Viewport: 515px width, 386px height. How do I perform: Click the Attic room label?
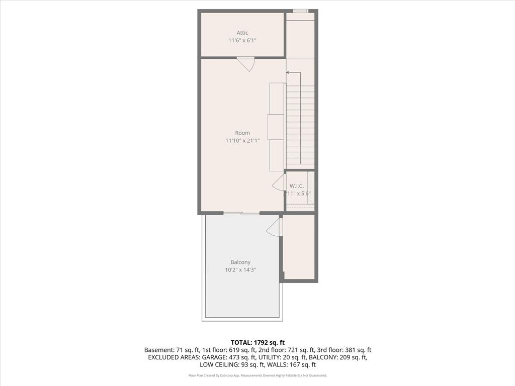point(242,33)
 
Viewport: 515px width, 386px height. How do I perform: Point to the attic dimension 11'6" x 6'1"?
point(242,40)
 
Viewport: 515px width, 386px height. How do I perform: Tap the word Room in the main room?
point(242,133)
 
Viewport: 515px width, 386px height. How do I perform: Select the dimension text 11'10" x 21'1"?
point(242,141)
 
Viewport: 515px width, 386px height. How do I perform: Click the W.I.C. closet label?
point(297,186)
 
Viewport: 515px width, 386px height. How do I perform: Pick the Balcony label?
point(240,262)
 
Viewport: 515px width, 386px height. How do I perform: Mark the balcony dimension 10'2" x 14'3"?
point(240,270)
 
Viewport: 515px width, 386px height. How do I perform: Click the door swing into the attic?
point(246,64)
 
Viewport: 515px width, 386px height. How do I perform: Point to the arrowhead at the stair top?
point(288,72)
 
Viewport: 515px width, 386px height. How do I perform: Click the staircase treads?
point(300,126)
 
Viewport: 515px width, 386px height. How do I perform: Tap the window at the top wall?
point(301,11)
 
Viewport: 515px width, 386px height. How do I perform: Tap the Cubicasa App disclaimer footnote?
point(257,375)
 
